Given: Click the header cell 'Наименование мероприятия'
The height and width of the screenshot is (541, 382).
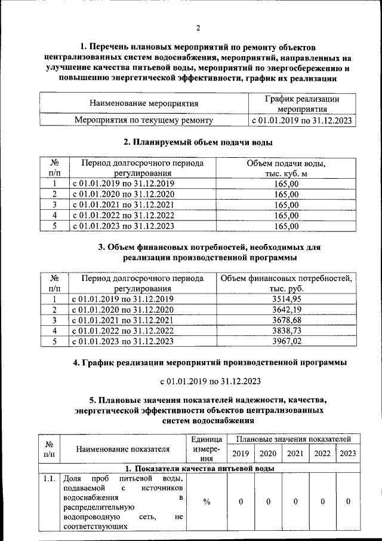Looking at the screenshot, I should coord(144,103).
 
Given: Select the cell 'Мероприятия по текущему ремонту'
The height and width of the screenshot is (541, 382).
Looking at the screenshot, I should coord(144,120).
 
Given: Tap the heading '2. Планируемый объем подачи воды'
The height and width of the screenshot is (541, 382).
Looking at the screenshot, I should coord(198,142).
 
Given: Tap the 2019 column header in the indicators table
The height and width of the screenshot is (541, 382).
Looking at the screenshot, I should coord(241,453).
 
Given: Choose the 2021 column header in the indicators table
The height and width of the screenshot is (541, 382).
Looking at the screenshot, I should coord(295,453).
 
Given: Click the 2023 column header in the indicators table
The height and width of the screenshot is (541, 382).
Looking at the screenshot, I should coord(347,453).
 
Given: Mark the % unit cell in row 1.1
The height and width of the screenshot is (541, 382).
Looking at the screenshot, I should coord(207,502).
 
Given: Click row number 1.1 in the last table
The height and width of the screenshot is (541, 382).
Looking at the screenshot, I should coord(50,479).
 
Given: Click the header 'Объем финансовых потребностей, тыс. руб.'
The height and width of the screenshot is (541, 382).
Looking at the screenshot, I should coord(286,282).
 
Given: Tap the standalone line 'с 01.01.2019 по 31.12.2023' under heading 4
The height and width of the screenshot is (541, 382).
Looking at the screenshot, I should coord(210,381).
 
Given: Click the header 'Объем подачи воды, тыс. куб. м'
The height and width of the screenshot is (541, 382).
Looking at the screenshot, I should coord(286,168).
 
